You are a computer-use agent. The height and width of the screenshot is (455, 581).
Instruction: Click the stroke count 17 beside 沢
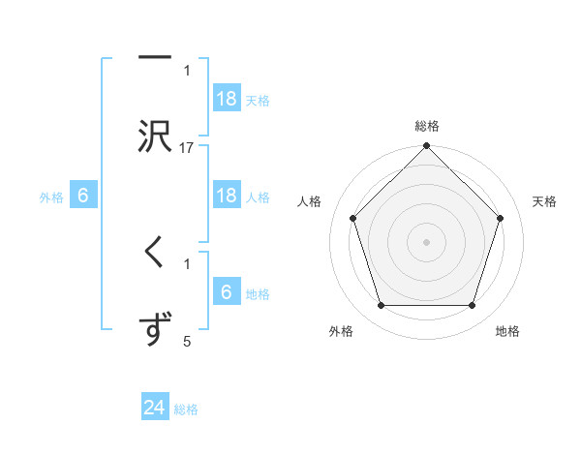pyautogui.click(x=187, y=148)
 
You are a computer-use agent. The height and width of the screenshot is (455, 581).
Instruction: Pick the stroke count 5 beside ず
pyautogui.click(x=187, y=342)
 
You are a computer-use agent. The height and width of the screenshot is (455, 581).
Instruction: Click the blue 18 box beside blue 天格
pyautogui.click(x=227, y=98)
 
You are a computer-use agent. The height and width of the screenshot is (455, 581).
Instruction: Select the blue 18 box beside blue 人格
pyautogui.click(x=227, y=195)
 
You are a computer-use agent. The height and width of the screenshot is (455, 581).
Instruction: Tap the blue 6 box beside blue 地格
pyautogui.click(x=227, y=291)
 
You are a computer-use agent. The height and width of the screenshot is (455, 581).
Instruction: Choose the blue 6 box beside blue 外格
pyautogui.click(x=83, y=195)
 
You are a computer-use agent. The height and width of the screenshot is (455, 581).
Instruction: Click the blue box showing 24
pyautogui.click(x=155, y=408)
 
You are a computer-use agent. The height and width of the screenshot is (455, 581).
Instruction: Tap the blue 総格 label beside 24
pyautogui.click(x=186, y=409)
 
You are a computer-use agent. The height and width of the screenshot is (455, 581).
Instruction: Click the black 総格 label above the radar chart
pyautogui.click(x=427, y=126)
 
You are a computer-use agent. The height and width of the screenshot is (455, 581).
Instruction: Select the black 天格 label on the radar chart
pyautogui.click(x=545, y=201)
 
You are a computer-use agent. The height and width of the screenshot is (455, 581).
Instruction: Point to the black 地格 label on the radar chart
pyautogui.click(x=507, y=331)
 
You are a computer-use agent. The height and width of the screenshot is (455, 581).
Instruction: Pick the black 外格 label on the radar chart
pyautogui.click(x=341, y=331)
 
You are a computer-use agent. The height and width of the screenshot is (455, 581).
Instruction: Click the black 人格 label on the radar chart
pyautogui.click(x=310, y=201)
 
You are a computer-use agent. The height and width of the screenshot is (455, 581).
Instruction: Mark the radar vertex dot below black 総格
pyautogui.click(x=427, y=147)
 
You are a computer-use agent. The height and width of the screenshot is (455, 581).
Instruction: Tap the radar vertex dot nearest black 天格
pyautogui.click(x=501, y=218)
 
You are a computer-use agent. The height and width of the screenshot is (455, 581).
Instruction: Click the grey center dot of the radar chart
pyautogui.click(x=427, y=241)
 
